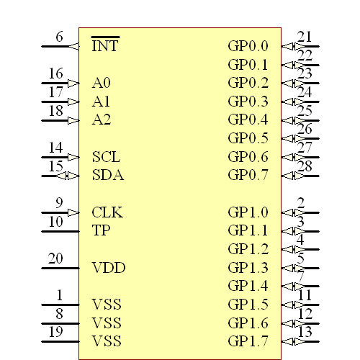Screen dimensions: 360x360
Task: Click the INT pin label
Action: point(105,46)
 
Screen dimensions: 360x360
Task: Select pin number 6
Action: point(59,37)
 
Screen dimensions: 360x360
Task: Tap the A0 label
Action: point(102,84)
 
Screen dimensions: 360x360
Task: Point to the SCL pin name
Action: point(106,157)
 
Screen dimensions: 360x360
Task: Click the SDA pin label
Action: point(107,175)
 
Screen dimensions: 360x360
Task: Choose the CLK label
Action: point(107,212)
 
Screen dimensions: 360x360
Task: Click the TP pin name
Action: point(101,231)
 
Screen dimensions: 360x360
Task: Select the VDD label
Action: point(109,269)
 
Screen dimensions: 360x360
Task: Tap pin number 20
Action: point(55,259)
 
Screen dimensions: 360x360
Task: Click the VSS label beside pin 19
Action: point(107,341)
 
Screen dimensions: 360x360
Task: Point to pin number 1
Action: point(59,295)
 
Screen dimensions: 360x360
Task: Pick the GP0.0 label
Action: point(248,46)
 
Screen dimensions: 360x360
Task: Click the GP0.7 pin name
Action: point(248,175)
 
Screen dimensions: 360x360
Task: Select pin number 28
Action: point(305,167)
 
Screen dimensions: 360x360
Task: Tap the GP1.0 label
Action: point(248,212)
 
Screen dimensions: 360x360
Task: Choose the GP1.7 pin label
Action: point(248,341)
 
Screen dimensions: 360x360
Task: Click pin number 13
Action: point(305,332)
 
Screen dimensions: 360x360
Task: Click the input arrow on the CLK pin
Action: point(73,212)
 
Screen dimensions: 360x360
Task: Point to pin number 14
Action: point(55,148)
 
